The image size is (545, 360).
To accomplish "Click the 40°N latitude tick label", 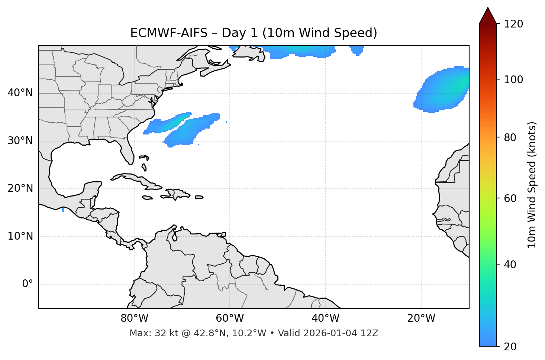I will [20, 93].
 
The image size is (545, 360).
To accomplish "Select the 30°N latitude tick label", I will [20, 141].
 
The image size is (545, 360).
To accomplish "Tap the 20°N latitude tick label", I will [20, 188].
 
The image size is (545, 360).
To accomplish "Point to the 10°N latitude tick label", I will [20, 236].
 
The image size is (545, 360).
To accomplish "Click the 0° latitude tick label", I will [28, 284].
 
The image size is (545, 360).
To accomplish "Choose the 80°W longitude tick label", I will [134, 318].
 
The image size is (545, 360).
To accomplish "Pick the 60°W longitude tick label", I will [230, 318].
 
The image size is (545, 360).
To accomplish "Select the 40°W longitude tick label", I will [325, 318].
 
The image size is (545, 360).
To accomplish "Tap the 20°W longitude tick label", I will [421, 318].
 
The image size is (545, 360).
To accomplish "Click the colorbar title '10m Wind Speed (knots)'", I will [532, 185].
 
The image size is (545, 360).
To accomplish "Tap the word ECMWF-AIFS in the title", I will [168, 33].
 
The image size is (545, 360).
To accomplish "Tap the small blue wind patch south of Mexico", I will [63, 210].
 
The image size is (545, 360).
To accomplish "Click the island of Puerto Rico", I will [199, 197].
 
